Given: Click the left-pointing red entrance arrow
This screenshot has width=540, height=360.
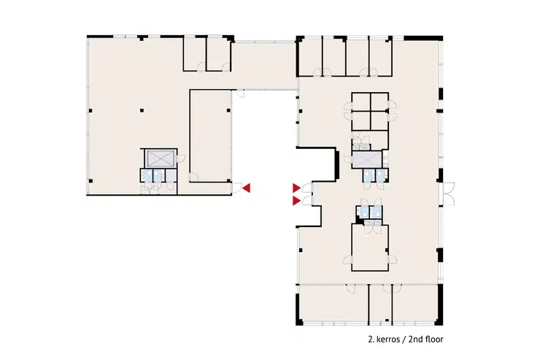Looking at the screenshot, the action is pos(247,188).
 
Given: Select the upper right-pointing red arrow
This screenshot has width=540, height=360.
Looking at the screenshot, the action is pos(296,188).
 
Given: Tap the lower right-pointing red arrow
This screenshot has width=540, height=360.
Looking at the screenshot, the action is pos(296,201).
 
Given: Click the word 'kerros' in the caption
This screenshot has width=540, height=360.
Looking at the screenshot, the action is pos(387,340).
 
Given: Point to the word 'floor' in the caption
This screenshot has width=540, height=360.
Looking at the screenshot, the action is pos(434,340).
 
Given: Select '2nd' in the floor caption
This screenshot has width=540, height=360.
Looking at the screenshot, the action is pos(414,340).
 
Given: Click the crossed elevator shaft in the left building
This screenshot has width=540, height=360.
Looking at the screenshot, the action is pos(159,158).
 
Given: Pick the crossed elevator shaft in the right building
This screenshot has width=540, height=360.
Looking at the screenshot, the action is pos(367,159).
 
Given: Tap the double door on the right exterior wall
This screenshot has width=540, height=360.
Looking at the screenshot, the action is pos(448,194).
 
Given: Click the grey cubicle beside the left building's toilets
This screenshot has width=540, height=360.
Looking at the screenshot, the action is pos(171,175).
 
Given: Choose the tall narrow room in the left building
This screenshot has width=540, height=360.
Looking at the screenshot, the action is pos(210,136).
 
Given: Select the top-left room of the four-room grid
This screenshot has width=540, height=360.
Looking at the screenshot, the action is pos(361,102).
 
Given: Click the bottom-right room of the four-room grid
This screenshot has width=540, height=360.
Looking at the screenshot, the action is pos(379,120).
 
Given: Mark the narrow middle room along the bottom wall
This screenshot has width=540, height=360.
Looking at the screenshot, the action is pos(380,305).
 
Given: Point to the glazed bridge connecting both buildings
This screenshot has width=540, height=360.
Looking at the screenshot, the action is pos(264,66).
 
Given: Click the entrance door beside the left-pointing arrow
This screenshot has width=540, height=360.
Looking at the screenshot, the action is pos(236,188).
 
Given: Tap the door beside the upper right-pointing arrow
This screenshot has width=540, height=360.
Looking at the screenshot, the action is pos(306,188).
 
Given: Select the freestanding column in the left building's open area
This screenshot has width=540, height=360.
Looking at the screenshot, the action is pos(142,110).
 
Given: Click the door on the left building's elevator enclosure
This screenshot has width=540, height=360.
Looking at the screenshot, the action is pos(180,158).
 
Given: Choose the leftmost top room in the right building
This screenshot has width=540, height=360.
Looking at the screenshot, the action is pos(310,57).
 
